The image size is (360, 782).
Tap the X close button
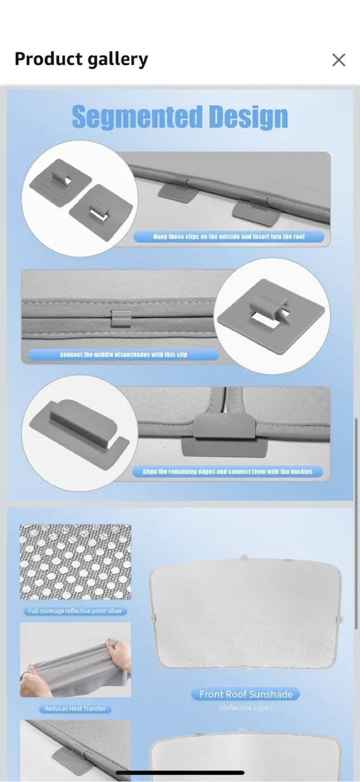(338, 60)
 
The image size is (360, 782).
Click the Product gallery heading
(81, 59)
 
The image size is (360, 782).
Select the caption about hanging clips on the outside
(229, 237)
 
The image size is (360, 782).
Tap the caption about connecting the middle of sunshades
(123, 355)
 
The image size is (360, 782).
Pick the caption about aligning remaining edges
(228, 471)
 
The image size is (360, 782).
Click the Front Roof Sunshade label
(245, 694)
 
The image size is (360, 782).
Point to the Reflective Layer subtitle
(245, 708)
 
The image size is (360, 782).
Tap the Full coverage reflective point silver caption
(75, 611)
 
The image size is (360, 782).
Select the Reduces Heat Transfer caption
(75, 709)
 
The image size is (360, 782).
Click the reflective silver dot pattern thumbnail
(75, 562)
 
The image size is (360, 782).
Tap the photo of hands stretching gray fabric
(75, 660)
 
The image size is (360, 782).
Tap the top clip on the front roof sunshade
(244, 558)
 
